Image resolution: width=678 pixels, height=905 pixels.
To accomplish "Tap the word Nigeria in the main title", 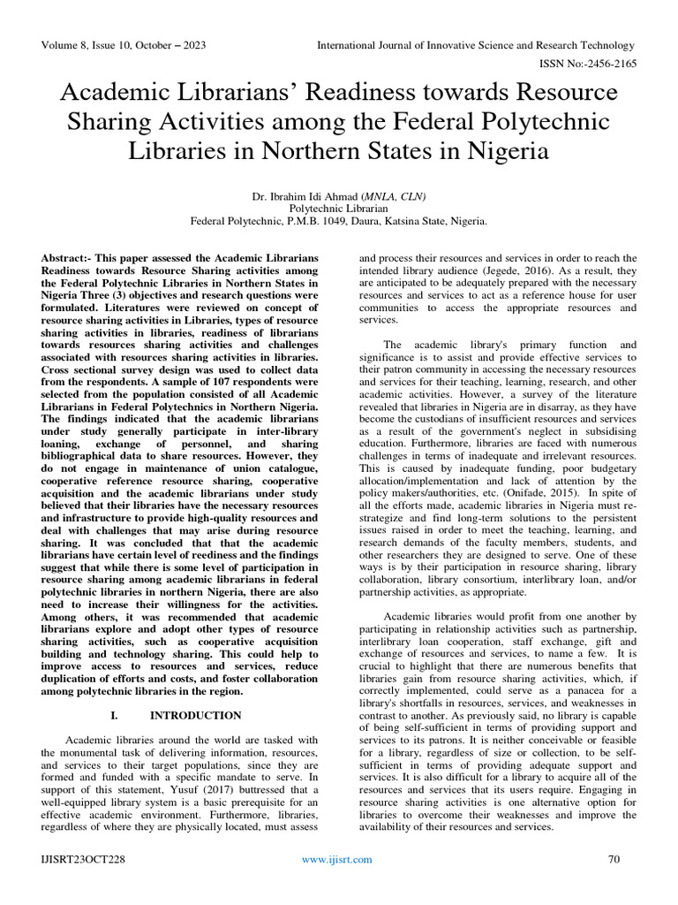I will point(501,150).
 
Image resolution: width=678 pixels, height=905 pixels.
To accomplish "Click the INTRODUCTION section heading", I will point(195,715).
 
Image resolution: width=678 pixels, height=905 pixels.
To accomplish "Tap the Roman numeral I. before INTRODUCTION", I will point(115,715).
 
